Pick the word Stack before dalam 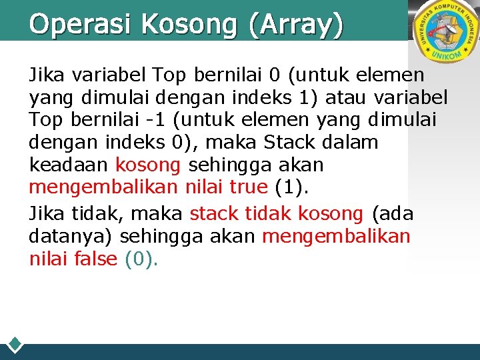(x=292, y=142)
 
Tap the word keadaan (x=70, y=165)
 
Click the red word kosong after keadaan (x=148, y=165)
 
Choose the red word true (x=247, y=187)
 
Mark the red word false (x=97, y=259)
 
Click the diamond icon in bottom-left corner (x=15, y=345)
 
